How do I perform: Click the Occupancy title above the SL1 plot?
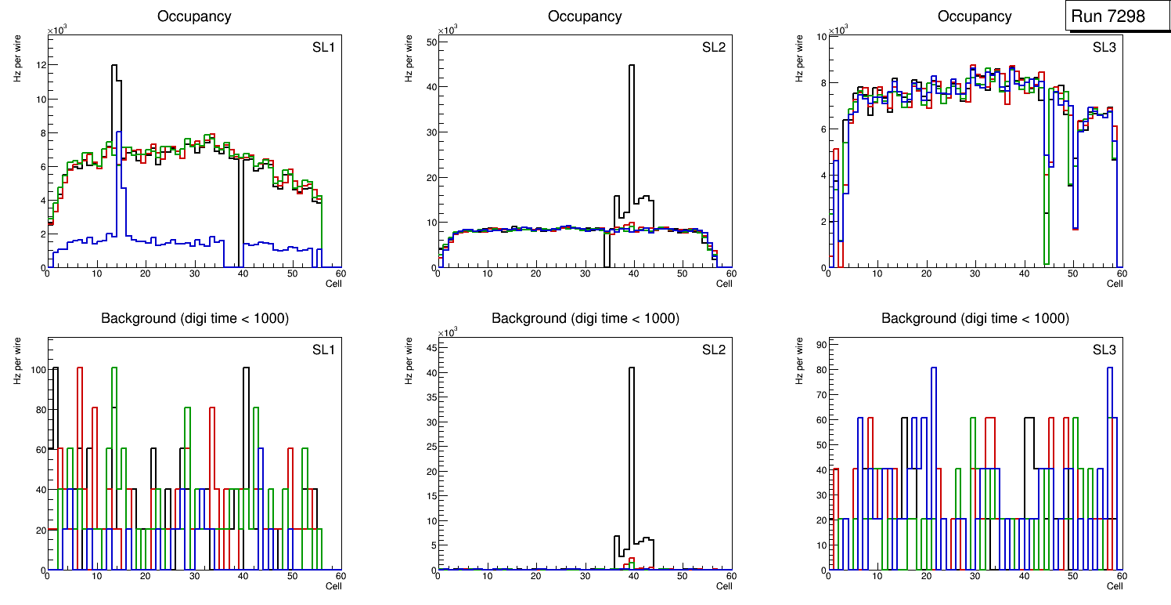click(x=194, y=16)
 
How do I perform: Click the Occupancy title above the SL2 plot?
click(x=584, y=16)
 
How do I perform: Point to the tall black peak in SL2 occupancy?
click(x=631, y=66)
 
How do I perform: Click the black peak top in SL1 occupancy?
click(x=113, y=66)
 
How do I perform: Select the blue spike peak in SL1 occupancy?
click(x=118, y=132)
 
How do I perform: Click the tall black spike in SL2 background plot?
click(x=631, y=368)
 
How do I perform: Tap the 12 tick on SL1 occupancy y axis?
click(x=41, y=66)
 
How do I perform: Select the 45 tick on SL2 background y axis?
click(x=431, y=348)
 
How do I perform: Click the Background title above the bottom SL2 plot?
click(x=585, y=318)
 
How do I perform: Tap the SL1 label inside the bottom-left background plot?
click(x=323, y=350)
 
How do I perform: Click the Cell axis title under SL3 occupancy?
click(x=1114, y=284)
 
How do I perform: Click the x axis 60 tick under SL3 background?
click(x=1121, y=576)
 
